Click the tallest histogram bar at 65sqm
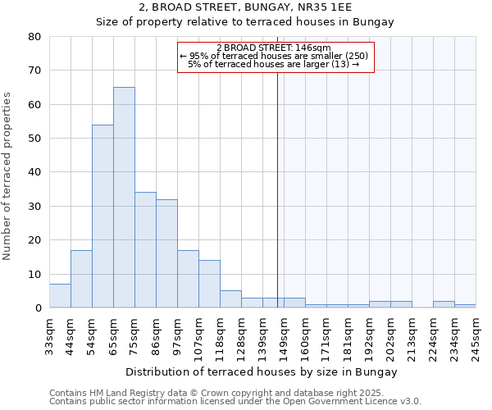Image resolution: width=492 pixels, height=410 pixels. [x=124, y=197]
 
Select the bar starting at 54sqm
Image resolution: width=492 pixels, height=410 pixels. [x=102, y=216]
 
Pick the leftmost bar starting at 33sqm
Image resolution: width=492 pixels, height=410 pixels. [x=60, y=296]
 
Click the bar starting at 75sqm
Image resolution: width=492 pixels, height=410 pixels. [x=145, y=250]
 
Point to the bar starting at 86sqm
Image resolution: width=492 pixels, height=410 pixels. [x=166, y=253]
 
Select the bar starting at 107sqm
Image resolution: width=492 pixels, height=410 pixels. [x=209, y=284]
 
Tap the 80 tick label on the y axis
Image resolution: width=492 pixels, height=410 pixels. [x=34, y=37]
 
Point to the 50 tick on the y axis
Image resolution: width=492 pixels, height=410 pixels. [x=34, y=139]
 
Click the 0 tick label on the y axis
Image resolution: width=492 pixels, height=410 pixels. [x=38, y=308]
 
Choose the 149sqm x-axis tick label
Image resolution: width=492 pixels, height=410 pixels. [x=284, y=337]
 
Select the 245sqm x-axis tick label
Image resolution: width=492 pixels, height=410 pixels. [x=476, y=337]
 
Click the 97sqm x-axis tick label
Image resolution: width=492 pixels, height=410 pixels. [x=177, y=335]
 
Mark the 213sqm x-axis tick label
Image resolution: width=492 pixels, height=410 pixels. [x=412, y=337]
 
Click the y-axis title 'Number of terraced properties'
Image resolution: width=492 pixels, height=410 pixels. [x=8, y=175]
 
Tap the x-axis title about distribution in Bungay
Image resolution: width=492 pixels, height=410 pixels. [x=262, y=372]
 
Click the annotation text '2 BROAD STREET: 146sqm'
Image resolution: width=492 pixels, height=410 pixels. [x=274, y=48]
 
